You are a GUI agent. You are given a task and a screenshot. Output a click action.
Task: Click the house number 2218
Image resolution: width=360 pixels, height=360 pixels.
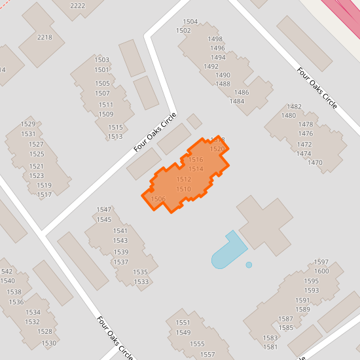45,37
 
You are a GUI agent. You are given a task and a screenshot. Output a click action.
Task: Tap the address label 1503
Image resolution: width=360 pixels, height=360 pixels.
101,60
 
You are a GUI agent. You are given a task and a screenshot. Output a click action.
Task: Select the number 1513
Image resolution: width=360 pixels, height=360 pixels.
115,137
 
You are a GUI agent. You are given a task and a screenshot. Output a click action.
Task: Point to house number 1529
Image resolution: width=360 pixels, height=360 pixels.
27,124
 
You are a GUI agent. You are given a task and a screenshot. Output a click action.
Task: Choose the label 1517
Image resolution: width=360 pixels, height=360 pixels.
44,195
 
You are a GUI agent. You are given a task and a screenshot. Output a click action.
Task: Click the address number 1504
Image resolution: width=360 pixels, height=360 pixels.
190,22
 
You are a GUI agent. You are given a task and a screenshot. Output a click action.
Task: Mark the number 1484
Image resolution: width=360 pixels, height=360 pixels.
237,101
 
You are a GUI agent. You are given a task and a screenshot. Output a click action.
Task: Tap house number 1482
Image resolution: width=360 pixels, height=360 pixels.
295,107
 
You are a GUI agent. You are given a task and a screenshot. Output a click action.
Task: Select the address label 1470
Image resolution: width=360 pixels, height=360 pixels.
315,162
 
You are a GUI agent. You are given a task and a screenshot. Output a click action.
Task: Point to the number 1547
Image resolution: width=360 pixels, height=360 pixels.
104,209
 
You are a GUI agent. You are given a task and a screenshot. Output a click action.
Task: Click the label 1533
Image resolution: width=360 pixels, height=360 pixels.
141,282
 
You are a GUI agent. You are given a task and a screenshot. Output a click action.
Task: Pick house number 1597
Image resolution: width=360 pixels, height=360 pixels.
321,262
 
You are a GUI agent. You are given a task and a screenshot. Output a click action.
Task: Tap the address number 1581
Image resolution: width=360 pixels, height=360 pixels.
270,347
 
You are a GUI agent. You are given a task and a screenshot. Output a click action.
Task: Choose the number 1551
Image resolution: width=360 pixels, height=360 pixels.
183,323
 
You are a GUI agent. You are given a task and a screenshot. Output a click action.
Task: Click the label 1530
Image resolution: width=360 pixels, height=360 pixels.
48,343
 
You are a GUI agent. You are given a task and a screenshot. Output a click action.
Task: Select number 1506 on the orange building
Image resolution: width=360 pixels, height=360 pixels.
158,199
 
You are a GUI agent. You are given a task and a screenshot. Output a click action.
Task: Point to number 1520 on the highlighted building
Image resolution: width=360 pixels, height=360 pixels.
217,149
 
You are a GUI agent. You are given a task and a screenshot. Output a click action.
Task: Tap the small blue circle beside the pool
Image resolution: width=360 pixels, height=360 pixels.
249,265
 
